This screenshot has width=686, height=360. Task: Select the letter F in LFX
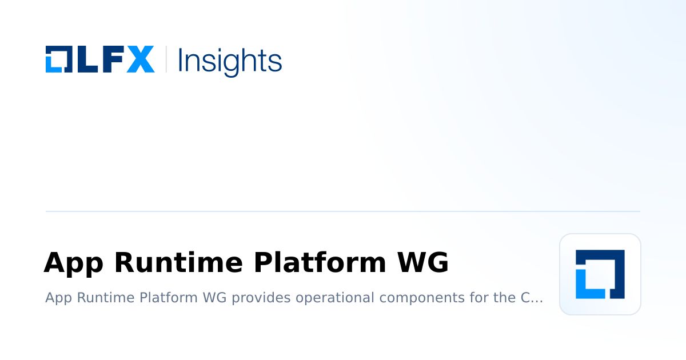pos(111,59)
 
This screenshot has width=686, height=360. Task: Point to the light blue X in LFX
pos(140,59)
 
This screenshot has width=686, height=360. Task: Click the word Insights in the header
pos(230,61)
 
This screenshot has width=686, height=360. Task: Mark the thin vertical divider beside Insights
pos(166,59)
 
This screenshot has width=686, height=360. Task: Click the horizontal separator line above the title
pos(343,211)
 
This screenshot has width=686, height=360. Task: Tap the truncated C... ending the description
pos(531,298)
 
